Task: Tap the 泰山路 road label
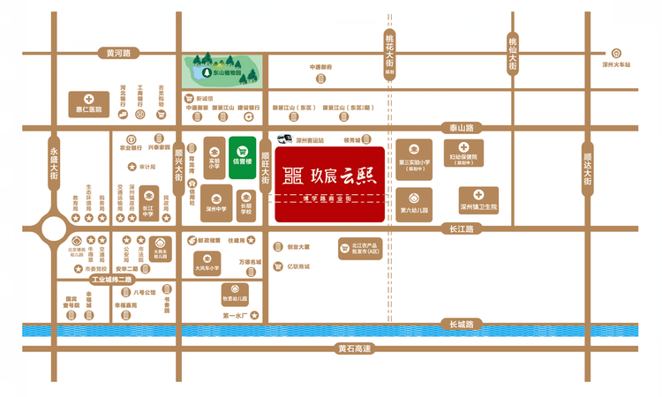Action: click(x=462, y=128)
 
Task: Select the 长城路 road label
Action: click(x=461, y=324)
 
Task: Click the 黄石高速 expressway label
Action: click(x=356, y=348)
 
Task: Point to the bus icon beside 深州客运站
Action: click(x=284, y=139)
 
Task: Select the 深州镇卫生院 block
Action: click(x=478, y=200)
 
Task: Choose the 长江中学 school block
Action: click(x=149, y=200)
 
